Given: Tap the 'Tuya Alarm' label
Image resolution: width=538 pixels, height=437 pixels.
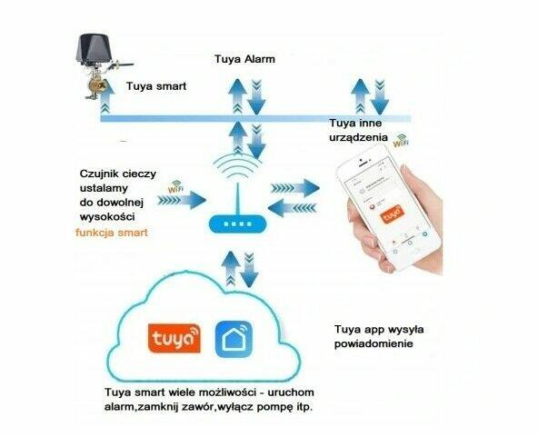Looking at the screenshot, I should click(244, 60).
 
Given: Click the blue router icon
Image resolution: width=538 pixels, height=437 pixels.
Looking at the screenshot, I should click(234, 223).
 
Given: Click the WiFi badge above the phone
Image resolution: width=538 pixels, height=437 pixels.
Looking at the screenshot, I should click(400, 143).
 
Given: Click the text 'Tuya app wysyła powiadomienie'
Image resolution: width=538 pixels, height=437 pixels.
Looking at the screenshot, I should click(374, 337).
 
